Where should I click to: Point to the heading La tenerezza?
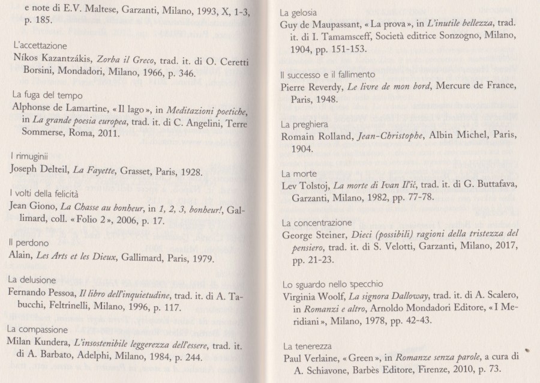(x=304, y=348)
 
